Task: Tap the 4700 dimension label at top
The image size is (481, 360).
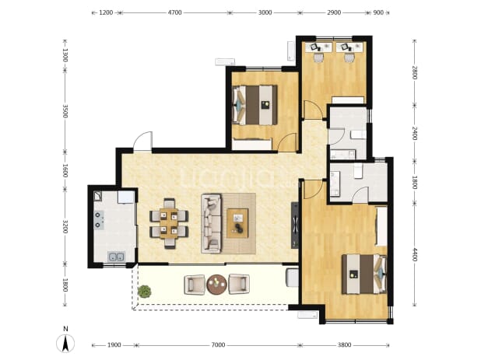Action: pos(175,12)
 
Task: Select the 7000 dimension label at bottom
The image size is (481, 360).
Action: pos(218,345)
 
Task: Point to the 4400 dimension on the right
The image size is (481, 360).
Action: pos(414,254)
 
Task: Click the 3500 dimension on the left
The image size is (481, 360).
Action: pos(65,111)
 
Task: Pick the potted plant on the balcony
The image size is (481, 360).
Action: pos(145,292)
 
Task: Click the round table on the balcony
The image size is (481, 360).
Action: pos(216,285)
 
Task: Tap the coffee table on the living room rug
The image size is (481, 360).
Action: pos(237,223)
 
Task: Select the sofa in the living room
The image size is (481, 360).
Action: pos(211,223)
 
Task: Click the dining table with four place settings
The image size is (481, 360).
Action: pos(169,224)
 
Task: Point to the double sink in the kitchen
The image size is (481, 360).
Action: pos(116,257)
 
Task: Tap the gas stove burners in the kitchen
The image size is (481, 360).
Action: pos(99,220)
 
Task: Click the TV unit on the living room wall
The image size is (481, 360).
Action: pos(295,225)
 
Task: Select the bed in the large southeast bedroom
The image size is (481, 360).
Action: pos(364,274)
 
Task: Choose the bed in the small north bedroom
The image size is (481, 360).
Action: pos(255,105)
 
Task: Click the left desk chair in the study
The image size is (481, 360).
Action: pos(318,58)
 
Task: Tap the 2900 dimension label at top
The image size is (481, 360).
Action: pos(334,12)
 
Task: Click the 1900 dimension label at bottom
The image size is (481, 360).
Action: pos(114,345)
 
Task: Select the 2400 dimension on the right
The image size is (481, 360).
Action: pos(414,133)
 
